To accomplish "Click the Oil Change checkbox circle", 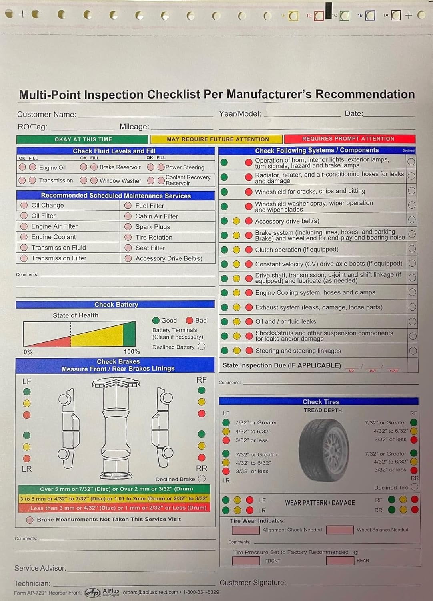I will pyautogui.click(x=24, y=205).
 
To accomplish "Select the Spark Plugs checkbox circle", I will pyautogui.click(x=128, y=227).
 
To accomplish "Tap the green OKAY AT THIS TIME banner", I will pyautogui.click(x=82, y=139).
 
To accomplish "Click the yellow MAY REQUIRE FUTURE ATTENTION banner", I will pyautogui.click(x=217, y=139).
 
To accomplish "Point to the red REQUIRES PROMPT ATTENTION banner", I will pyautogui.click(x=349, y=139).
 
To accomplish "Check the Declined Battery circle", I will pyautogui.click(x=202, y=347).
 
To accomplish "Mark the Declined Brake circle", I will pyautogui.click(x=202, y=479).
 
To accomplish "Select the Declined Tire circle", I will pyautogui.click(x=414, y=487).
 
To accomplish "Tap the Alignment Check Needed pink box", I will pyautogui.click(x=246, y=530).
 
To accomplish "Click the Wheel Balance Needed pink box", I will pyautogui.click(x=340, y=530).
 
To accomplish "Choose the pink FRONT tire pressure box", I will pyautogui.click(x=246, y=561).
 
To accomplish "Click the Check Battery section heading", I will pyautogui.click(x=116, y=305).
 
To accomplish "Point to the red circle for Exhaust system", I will pyautogui.click(x=249, y=307).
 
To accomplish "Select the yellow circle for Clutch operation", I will pyautogui.click(x=237, y=250).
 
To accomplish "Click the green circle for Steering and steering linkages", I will pyautogui.click(x=225, y=351).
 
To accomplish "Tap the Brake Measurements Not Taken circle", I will pyautogui.click(x=30, y=520).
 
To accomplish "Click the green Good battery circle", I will pyautogui.click(x=156, y=321).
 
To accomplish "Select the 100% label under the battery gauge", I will pyautogui.click(x=132, y=352).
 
